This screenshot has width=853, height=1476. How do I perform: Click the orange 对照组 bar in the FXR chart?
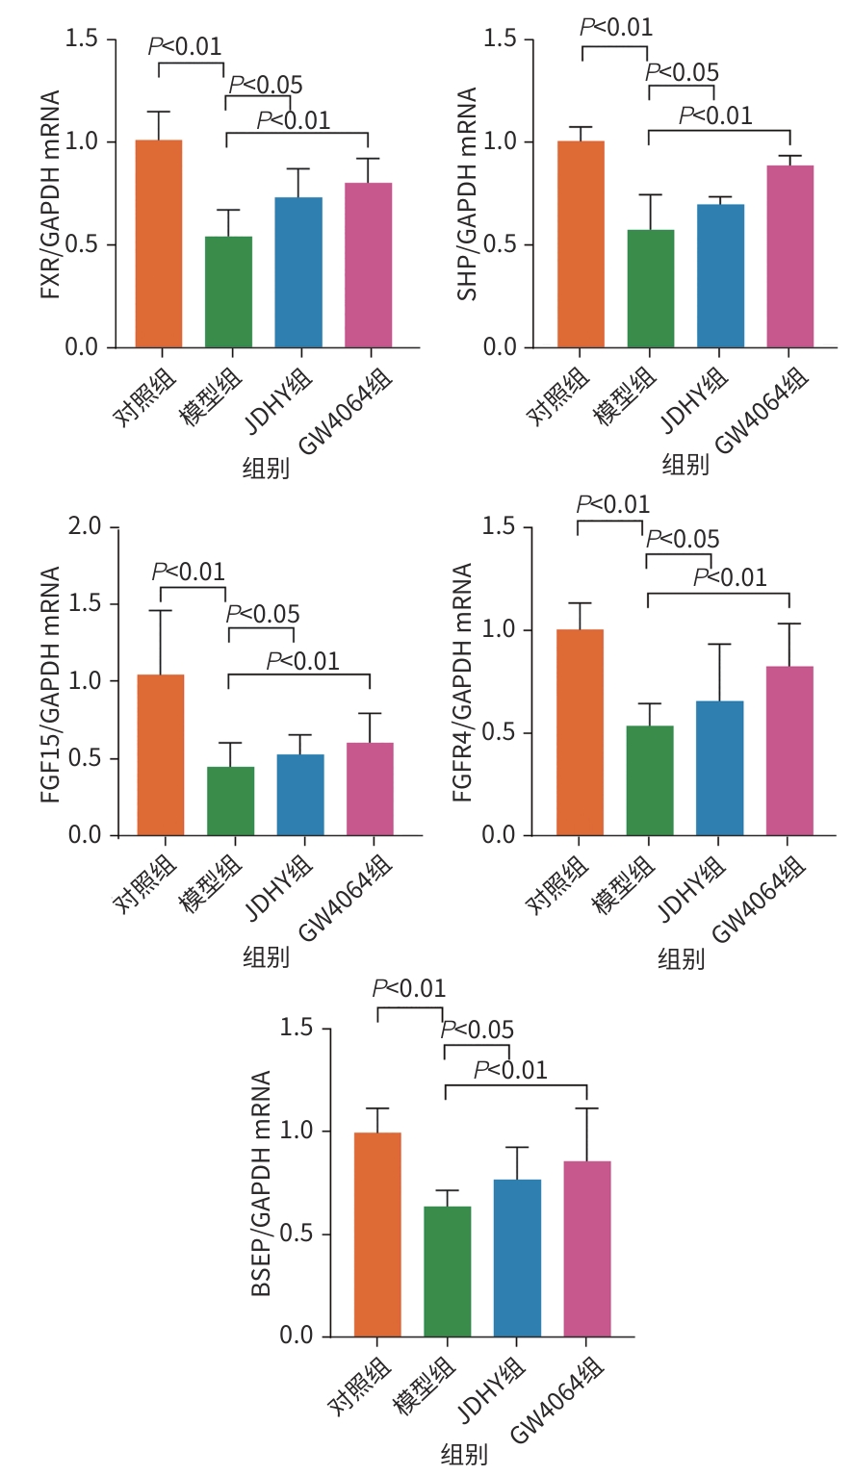tap(159, 243)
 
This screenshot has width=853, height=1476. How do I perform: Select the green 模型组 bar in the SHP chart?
tap(651, 289)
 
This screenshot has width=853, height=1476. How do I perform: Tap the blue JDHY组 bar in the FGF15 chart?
tap(300, 795)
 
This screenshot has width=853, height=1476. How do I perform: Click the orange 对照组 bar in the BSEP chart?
tap(377, 1234)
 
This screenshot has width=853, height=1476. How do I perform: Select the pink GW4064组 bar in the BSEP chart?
tap(587, 1249)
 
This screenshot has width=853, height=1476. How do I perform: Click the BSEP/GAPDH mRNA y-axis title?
tap(261, 1183)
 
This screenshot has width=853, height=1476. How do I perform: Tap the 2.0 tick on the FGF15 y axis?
tap(85, 527)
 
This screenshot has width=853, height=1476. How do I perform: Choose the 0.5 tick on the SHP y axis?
tap(501, 245)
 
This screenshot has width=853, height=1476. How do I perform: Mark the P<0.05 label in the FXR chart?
tap(266, 86)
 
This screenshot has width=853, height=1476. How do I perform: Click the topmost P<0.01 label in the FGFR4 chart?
tap(613, 504)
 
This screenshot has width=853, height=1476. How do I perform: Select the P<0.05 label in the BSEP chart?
tap(478, 1031)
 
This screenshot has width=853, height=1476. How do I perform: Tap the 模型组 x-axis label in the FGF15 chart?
tap(211, 883)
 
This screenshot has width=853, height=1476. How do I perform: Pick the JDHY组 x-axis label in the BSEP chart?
tap(492, 1389)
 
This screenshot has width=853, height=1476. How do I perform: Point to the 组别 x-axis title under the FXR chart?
tap(266, 470)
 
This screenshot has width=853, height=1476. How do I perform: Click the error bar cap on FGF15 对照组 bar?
tap(161, 611)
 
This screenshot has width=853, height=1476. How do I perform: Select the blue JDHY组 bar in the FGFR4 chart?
tap(720, 768)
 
